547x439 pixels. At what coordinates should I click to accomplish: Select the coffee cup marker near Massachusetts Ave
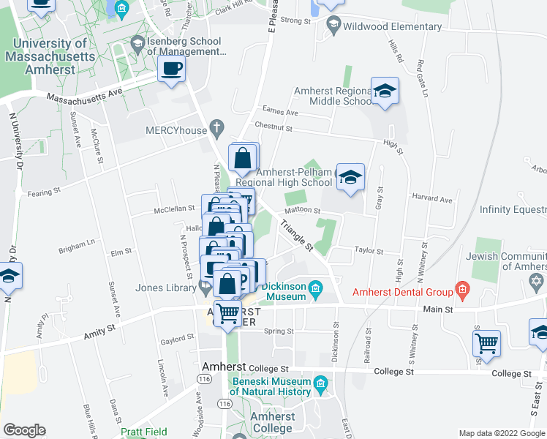click(x=171, y=70)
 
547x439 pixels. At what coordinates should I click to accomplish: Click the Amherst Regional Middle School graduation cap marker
click(x=385, y=92)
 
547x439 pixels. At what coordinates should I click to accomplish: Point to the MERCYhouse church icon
click(x=216, y=129)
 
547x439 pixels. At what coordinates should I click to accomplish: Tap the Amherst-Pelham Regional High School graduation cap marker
click(x=350, y=177)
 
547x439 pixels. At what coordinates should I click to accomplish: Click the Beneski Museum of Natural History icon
click(x=320, y=383)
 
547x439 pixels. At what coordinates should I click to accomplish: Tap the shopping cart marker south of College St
click(x=486, y=342)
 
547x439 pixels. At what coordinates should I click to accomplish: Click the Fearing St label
click(x=44, y=192)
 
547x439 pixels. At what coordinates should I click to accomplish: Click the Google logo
click(x=24, y=430)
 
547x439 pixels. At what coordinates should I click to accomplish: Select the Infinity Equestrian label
click(x=513, y=209)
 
